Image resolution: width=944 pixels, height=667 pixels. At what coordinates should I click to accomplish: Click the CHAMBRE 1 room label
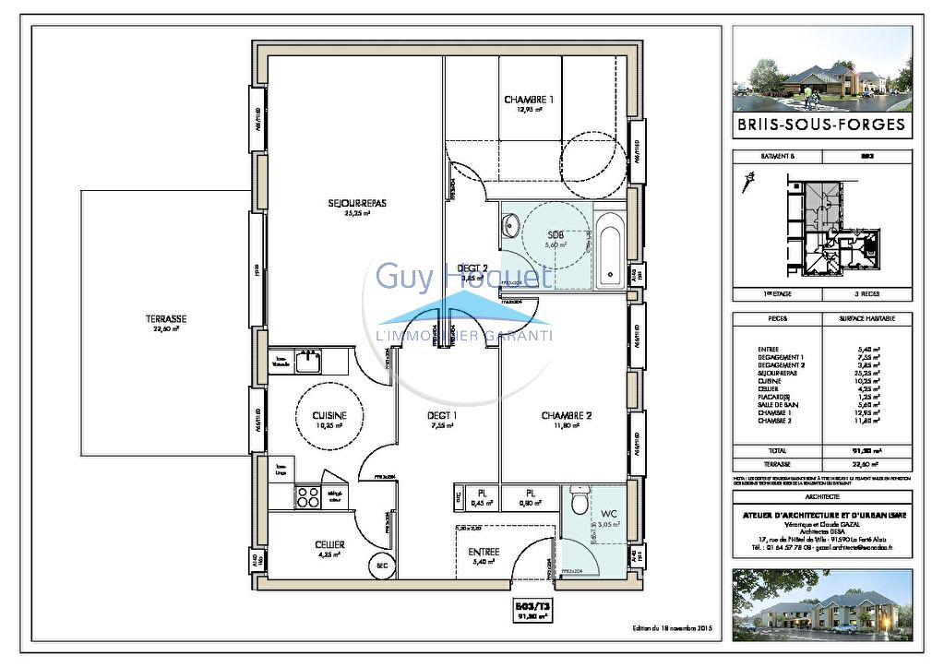529,100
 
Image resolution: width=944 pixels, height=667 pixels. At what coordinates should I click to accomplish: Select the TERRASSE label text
166,319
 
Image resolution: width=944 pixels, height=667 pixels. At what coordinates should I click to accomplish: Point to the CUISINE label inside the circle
329,416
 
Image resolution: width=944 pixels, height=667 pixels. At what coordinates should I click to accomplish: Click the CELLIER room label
329,545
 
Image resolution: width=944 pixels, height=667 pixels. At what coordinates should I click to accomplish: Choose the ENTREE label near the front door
484,552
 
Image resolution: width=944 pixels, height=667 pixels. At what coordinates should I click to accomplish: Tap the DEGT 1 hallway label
443,416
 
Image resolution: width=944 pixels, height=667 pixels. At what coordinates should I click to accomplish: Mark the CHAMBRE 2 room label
566,416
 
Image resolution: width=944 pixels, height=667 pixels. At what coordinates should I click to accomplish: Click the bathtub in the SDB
610,249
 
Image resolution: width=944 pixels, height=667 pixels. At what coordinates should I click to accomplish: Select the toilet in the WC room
579,503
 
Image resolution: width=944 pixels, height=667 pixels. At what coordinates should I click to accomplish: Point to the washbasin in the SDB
513,226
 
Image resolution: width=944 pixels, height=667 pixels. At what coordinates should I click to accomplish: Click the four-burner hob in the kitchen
306,497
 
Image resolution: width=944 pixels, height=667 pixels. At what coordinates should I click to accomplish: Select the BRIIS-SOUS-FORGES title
822,123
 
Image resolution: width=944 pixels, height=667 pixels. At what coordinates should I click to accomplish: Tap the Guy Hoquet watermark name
463,275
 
